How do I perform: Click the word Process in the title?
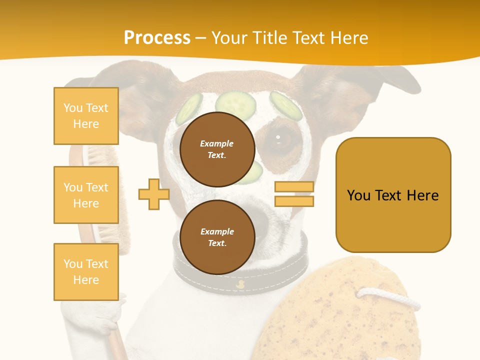click(157, 38)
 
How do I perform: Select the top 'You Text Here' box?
click(86, 116)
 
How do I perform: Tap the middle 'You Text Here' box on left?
click(86, 195)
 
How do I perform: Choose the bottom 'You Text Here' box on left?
click(86, 272)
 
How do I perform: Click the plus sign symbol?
click(154, 194)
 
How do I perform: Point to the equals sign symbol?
click(294, 194)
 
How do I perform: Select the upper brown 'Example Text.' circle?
click(217, 149)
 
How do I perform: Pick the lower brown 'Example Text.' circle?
click(217, 237)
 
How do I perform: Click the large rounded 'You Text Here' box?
click(393, 195)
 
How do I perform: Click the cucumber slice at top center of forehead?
click(235, 102)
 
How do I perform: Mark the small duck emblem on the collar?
click(240, 284)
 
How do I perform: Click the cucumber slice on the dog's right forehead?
click(286, 105)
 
